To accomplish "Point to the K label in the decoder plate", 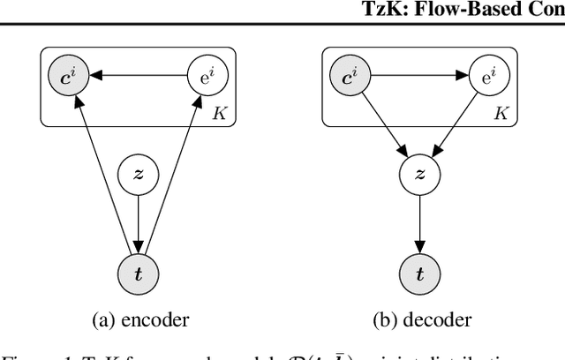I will [x=500, y=114].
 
